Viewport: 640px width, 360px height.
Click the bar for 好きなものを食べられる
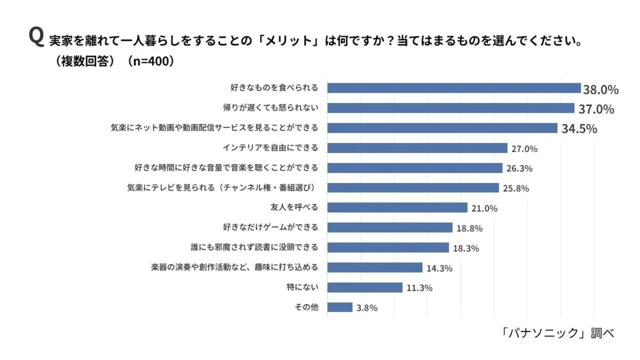pyautogui.click(x=454, y=88)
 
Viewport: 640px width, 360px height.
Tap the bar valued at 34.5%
pyautogui.click(x=442, y=128)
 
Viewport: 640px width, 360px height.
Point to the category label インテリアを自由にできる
pyautogui.click(x=271, y=148)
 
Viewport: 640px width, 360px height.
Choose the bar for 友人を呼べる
pyautogui.click(x=397, y=207)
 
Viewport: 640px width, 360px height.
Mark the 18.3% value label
pyautogui.click(x=466, y=249)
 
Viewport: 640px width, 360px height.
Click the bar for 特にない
pyautogui.click(x=365, y=287)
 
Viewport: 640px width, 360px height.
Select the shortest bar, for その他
pyautogui.click(x=339, y=307)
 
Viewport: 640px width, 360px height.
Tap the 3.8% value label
pyautogui.click(x=367, y=308)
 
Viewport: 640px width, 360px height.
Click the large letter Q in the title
pyautogui.click(x=35, y=37)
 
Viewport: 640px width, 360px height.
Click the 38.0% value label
pyautogui.click(x=601, y=89)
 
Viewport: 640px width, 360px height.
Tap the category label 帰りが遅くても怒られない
pyautogui.click(x=270, y=108)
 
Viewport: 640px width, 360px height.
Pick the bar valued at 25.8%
pyautogui.click(x=413, y=188)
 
